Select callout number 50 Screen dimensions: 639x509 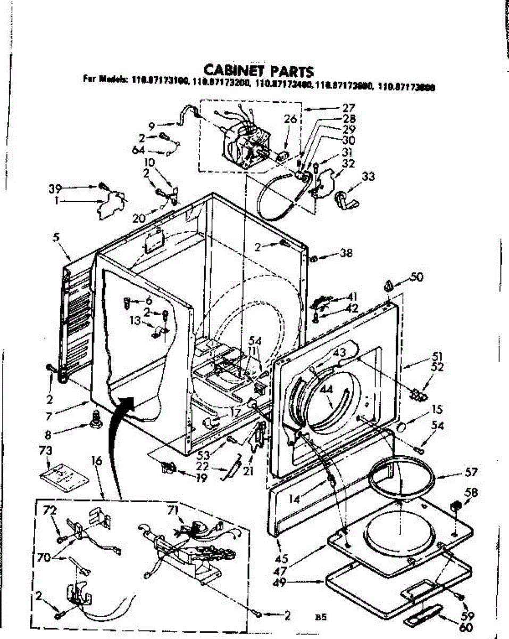coord(416,277)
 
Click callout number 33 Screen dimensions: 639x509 coord(368,176)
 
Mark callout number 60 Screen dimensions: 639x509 coord(465,628)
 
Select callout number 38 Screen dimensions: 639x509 coord(347,255)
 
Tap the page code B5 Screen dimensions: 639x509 coord(320,618)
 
